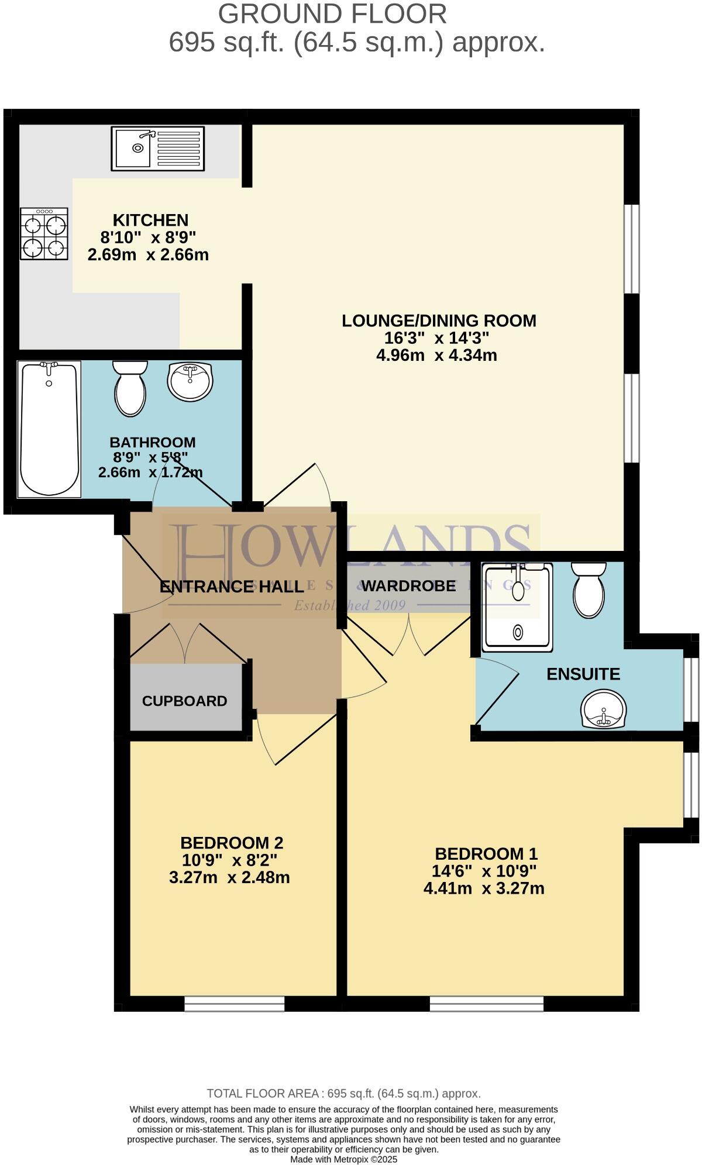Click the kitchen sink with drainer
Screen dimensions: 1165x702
(x=158, y=149)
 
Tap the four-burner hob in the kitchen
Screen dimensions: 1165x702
(x=44, y=234)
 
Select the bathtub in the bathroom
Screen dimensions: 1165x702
(x=49, y=429)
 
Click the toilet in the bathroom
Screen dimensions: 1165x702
(x=130, y=389)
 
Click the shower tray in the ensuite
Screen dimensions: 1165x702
(x=517, y=608)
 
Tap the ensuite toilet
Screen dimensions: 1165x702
(x=589, y=590)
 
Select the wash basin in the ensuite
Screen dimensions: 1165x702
(x=604, y=708)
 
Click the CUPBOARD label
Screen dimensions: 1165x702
(x=184, y=701)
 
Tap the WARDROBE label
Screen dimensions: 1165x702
(x=408, y=585)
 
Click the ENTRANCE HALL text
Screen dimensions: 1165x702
(x=232, y=587)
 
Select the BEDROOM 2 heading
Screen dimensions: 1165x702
(x=232, y=843)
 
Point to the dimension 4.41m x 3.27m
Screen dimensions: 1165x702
(x=484, y=888)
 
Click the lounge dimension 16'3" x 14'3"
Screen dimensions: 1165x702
(x=436, y=337)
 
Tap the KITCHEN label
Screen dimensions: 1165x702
(x=150, y=220)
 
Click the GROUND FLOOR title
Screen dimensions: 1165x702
(x=332, y=14)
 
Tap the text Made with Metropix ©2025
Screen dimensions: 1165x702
(x=344, y=1159)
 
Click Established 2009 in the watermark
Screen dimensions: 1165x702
(x=349, y=605)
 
